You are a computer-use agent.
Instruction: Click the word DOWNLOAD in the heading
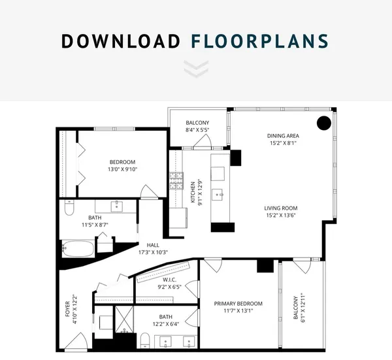pos(121,41)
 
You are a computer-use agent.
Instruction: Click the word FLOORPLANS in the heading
pos(260,41)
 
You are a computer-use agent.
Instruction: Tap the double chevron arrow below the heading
pos(196,69)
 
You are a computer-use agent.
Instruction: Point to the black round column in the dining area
pos(324,123)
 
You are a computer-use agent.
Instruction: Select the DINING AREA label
pos(283,136)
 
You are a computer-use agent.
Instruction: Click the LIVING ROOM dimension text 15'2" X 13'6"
pos(281,215)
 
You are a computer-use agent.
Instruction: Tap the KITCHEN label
pos(193,192)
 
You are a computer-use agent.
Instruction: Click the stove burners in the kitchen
pos(176,180)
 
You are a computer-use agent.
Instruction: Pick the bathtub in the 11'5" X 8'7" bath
pos(78,248)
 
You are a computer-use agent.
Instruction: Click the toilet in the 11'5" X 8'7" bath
pos(69,208)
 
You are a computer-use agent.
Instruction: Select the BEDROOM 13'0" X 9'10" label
pos(123,166)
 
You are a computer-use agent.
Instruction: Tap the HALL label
pos(153,245)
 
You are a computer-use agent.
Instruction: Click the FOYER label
pos(67,309)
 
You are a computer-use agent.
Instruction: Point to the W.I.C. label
pos(169,280)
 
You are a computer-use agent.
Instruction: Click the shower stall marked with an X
pos(124,319)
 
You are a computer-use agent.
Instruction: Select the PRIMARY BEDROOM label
pos(238,304)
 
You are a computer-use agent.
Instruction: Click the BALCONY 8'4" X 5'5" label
pos(197,126)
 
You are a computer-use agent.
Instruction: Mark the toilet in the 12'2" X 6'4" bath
pos(145,340)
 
